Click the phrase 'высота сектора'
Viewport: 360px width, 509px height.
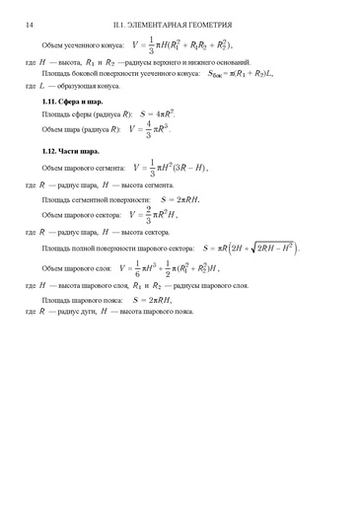coord(146,231)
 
